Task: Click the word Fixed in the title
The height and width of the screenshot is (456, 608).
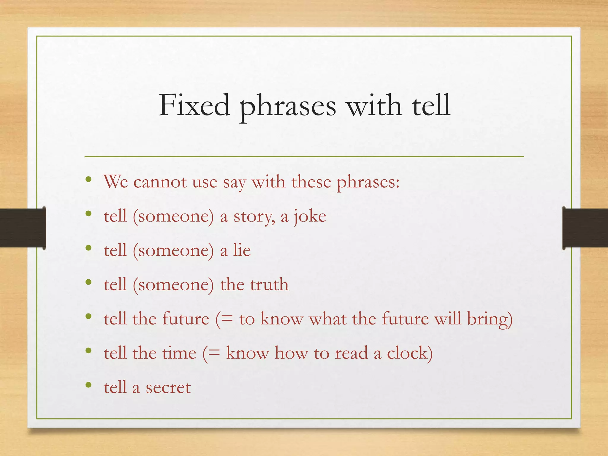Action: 194,105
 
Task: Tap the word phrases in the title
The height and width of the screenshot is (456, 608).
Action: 288,107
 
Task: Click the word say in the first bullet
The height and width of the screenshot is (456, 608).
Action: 235,183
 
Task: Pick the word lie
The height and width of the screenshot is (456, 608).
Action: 242,250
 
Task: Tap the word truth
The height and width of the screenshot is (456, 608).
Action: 269,284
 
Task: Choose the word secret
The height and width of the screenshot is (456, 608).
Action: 168,388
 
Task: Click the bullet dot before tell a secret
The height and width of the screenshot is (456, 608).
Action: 88,385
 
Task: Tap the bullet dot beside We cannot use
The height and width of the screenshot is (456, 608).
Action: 88,179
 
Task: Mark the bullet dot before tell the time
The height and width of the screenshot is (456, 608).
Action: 88,351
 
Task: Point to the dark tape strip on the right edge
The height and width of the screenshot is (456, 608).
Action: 585,228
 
